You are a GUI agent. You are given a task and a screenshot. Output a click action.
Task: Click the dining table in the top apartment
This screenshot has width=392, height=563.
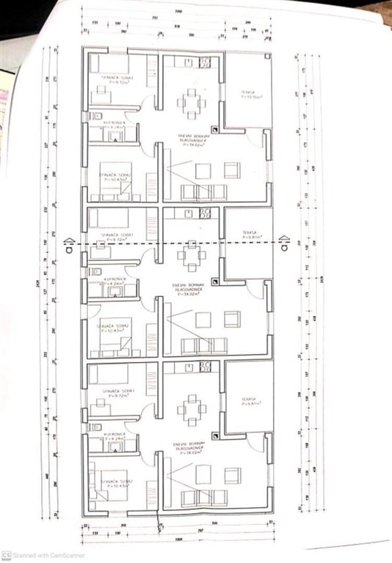click(192, 103)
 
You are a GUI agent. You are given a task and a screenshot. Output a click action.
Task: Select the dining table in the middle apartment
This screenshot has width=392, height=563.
click(192, 257)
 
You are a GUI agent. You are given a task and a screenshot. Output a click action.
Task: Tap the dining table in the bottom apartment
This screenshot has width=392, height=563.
click(192, 410)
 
